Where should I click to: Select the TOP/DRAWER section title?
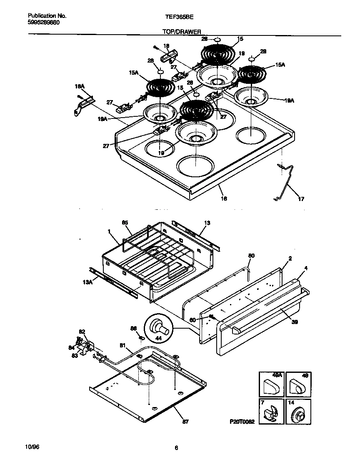pos(181,31)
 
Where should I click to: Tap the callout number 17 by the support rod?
pos(301,199)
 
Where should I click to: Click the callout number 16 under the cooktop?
pos(224,199)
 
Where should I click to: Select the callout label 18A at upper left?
pos(79,86)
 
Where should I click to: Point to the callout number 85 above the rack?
pos(125,223)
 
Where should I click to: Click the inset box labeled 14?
pos(298,412)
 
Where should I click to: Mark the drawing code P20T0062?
pos(241,422)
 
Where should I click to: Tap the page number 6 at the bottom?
pos(176,448)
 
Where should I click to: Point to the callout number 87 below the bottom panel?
pos(185,422)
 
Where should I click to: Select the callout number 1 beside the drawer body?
pos(109,231)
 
